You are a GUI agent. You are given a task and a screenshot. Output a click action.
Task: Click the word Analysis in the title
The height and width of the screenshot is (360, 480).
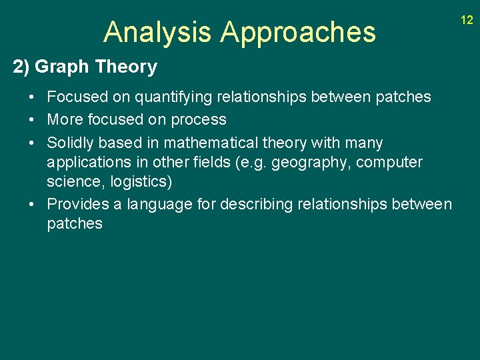coord(158,32)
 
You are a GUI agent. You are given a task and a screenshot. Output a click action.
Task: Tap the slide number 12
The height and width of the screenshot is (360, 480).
coord(467,20)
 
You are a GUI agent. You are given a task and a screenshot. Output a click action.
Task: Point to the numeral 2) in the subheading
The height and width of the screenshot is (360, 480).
coord(21,67)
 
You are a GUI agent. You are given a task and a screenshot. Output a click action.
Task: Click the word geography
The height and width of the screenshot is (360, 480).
coord(305,163)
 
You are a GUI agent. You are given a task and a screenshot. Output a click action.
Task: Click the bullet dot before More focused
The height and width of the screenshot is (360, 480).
coord(32,120)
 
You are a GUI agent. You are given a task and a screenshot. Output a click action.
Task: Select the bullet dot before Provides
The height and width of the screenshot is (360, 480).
coord(32,204)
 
